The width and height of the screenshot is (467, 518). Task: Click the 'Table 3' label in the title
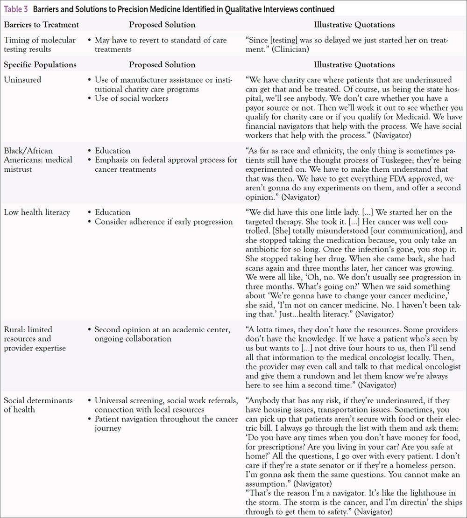coord(15,8)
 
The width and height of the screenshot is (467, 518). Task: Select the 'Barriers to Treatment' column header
coord(41,25)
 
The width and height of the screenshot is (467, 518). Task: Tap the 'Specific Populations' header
coord(40,65)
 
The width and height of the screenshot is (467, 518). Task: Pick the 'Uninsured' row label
coord(22,80)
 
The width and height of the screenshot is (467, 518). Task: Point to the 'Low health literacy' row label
coord(37,212)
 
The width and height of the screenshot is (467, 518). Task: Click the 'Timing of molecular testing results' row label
coord(39,44)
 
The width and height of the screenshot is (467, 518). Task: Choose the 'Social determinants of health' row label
coord(38,405)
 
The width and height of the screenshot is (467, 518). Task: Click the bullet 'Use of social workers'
coord(131,98)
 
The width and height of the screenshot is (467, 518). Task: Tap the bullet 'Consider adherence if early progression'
coord(163,221)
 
